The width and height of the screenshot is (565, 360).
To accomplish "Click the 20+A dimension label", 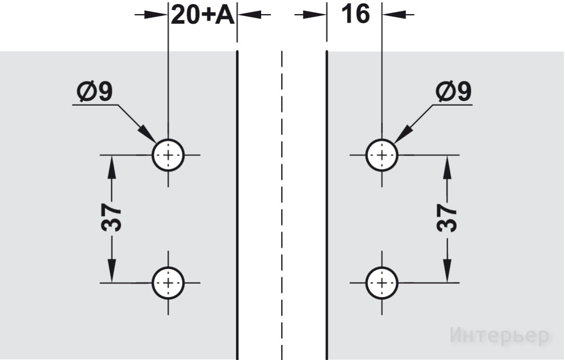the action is tap(203, 15).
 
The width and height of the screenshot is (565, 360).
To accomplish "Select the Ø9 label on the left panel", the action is tap(95, 91).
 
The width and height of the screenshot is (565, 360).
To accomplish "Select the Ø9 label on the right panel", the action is tap(453, 91).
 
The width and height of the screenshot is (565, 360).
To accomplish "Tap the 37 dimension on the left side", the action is tap(111, 217).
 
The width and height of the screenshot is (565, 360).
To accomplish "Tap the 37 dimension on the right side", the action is tap(447, 218).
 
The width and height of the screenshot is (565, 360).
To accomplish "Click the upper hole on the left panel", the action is tap(168, 155).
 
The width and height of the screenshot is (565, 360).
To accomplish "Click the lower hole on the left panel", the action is tap(168, 283).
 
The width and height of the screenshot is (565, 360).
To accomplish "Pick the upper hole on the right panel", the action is tap(382, 155).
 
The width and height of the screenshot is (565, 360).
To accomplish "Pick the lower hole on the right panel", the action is tap(382, 283).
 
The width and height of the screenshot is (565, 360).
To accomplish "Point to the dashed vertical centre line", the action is tap(282, 205).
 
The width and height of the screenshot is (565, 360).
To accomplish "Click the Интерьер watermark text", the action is tap(500, 336).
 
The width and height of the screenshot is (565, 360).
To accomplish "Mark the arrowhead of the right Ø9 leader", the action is tap(403, 134).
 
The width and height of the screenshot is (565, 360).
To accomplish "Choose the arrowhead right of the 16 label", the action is tap(394, 15).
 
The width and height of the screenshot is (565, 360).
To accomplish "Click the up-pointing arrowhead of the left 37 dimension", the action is tap(112, 167).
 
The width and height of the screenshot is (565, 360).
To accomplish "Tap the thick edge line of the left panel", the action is tap(237, 205).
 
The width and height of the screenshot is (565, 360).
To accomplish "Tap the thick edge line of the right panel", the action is tap(327, 205).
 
